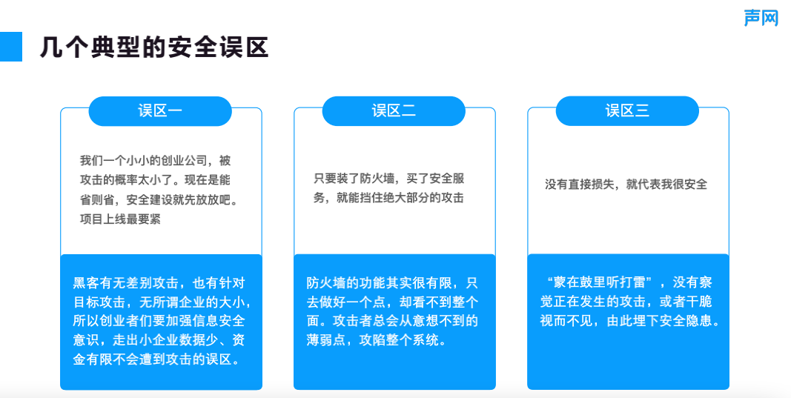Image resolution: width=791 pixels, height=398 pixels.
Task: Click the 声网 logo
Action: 761,19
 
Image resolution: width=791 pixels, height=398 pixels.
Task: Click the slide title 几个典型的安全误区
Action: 154,47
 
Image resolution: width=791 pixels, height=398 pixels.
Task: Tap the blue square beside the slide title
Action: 11,47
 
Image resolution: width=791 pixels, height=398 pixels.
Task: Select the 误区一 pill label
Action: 160,111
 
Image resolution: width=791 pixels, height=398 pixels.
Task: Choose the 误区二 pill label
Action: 394,111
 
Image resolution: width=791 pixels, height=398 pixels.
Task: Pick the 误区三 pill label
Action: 627,111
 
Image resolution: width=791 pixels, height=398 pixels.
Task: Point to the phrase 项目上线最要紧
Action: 120,219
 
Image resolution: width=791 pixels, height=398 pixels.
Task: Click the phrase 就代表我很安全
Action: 666,185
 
